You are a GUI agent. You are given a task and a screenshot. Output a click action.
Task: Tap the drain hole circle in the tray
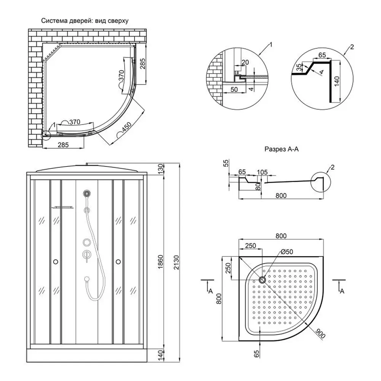coord(263,280)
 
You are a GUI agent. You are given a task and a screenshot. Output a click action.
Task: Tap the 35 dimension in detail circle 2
coord(299,67)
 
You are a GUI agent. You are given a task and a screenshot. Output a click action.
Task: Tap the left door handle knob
coord(56,261)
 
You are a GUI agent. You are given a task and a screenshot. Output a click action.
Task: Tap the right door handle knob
coord(118,261)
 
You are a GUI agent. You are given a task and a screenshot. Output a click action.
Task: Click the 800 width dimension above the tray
coord(280,236)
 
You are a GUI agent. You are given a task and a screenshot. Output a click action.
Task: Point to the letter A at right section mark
coord(342,291)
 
